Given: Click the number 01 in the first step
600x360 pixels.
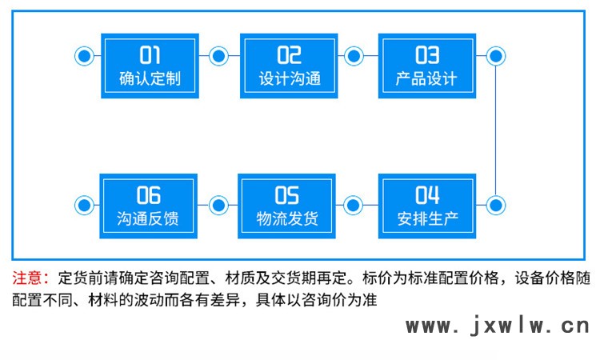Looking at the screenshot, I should [x=150, y=54].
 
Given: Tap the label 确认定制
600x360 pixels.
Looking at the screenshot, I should [x=150, y=79].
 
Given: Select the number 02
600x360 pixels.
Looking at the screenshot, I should [x=289, y=54].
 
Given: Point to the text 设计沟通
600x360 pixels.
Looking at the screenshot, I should [x=290, y=79].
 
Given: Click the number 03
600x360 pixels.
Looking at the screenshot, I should [x=426, y=54].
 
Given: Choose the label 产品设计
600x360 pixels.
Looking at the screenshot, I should [x=426, y=79].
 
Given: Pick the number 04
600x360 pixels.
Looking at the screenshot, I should [x=427, y=194].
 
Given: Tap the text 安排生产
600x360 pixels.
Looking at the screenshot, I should [x=427, y=218].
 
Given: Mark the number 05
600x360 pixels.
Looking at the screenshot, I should [x=287, y=194].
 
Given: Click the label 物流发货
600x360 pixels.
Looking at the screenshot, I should [x=287, y=218].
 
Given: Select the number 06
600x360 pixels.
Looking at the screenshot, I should [x=149, y=194].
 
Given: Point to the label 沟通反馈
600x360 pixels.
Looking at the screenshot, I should [x=149, y=218].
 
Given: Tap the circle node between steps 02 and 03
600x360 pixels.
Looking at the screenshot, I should [x=354, y=56].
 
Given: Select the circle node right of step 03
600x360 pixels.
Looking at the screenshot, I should [x=496, y=56].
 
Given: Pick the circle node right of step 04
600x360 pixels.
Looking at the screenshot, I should [x=496, y=205].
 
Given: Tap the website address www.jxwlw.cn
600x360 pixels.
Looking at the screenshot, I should [x=497, y=326].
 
